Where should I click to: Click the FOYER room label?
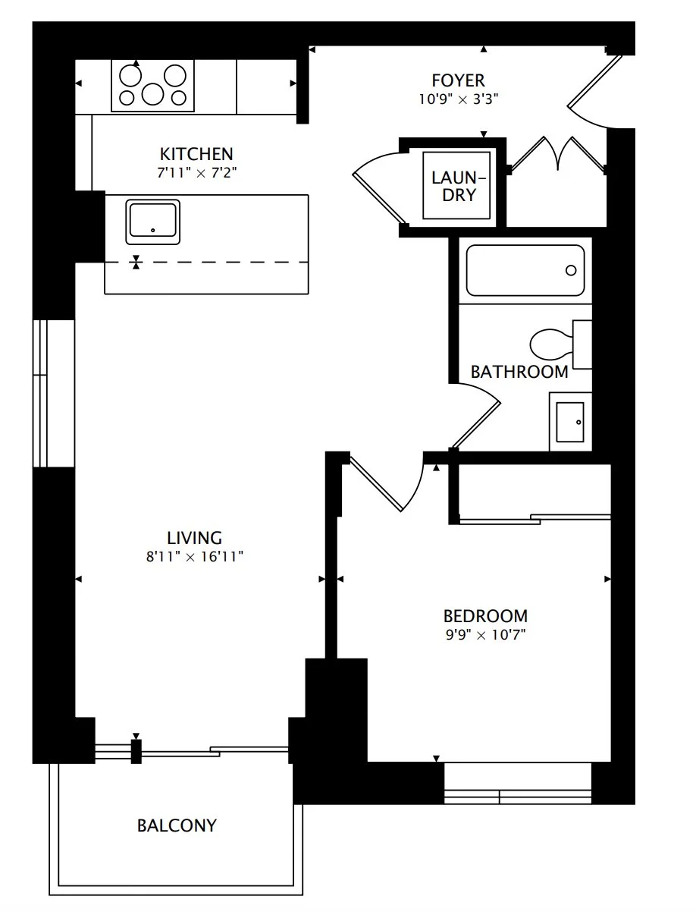click(458, 80)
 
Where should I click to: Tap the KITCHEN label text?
click(196, 154)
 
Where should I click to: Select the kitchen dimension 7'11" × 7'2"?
click(196, 173)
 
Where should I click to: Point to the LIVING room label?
click(194, 538)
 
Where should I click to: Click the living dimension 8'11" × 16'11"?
click(194, 557)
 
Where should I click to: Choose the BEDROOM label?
click(485, 616)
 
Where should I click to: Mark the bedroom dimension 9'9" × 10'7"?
click(485, 635)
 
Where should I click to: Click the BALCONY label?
click(177, 826)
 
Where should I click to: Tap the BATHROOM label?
click(519, 372)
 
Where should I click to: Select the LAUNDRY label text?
click(458, 186)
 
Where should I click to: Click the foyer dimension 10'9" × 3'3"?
click(458, 99)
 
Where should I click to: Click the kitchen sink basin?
click(152, 222)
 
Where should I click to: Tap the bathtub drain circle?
click(571, 270)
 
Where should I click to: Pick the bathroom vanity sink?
click(570, 422)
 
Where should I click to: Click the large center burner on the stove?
click(152, 94)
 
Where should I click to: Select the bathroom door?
click(476, 416)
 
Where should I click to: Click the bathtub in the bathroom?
click(525, 270)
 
